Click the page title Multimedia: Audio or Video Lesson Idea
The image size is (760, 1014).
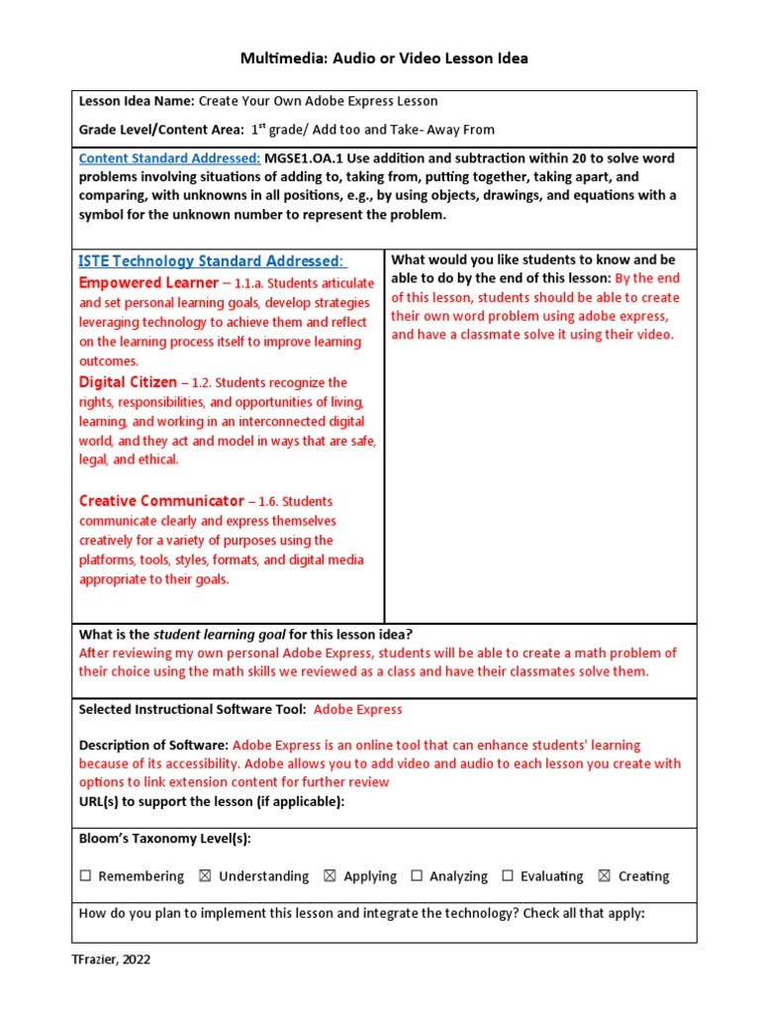384,58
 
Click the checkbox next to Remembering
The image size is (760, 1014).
85,876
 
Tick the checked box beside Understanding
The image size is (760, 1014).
205,876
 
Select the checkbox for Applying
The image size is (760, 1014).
330,876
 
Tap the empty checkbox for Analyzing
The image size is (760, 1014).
417,876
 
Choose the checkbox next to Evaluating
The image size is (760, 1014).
508,876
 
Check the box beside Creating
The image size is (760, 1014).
605,876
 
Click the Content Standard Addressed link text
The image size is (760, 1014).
169,158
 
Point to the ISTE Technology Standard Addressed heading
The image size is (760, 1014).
212,261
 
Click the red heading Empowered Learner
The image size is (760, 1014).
147,283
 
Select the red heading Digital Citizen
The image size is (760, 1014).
128,382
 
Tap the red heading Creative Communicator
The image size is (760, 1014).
160,501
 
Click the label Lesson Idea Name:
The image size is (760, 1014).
137,101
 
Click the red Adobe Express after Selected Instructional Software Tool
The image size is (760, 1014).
357,709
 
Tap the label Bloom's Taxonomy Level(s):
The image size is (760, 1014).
164,839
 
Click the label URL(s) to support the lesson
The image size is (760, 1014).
211,801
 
